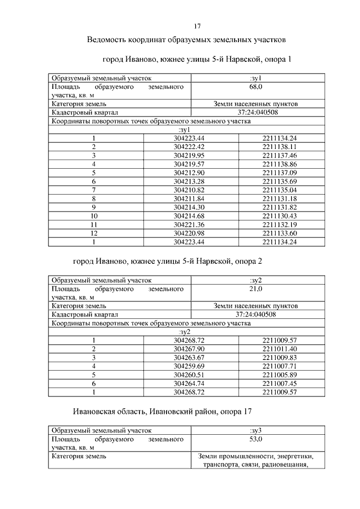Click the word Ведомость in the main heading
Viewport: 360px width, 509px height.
pyautogui.click(x=109, y=40)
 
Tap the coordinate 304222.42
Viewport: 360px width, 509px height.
pyautogui.click(x=189, y=146)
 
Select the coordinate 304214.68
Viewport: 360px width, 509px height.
pyautogui.click(x=189, y=217)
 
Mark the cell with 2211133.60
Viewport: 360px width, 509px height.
pyautogui.click(x=279, y=232)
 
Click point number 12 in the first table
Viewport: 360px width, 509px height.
pyautogui.click(x=94, y=232)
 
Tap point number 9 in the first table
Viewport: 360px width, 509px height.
pyautogui.click(x=94, y=209)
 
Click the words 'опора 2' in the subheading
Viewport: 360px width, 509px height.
pyautogui.click(x=248, y=262)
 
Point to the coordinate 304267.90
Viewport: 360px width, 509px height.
pyautogui.click(x=189, y=349)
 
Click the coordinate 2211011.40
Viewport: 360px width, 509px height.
pyautogui.click(x=279, y=349)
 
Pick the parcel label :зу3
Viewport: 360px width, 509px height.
pyautogui.click(x=256, y=430)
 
